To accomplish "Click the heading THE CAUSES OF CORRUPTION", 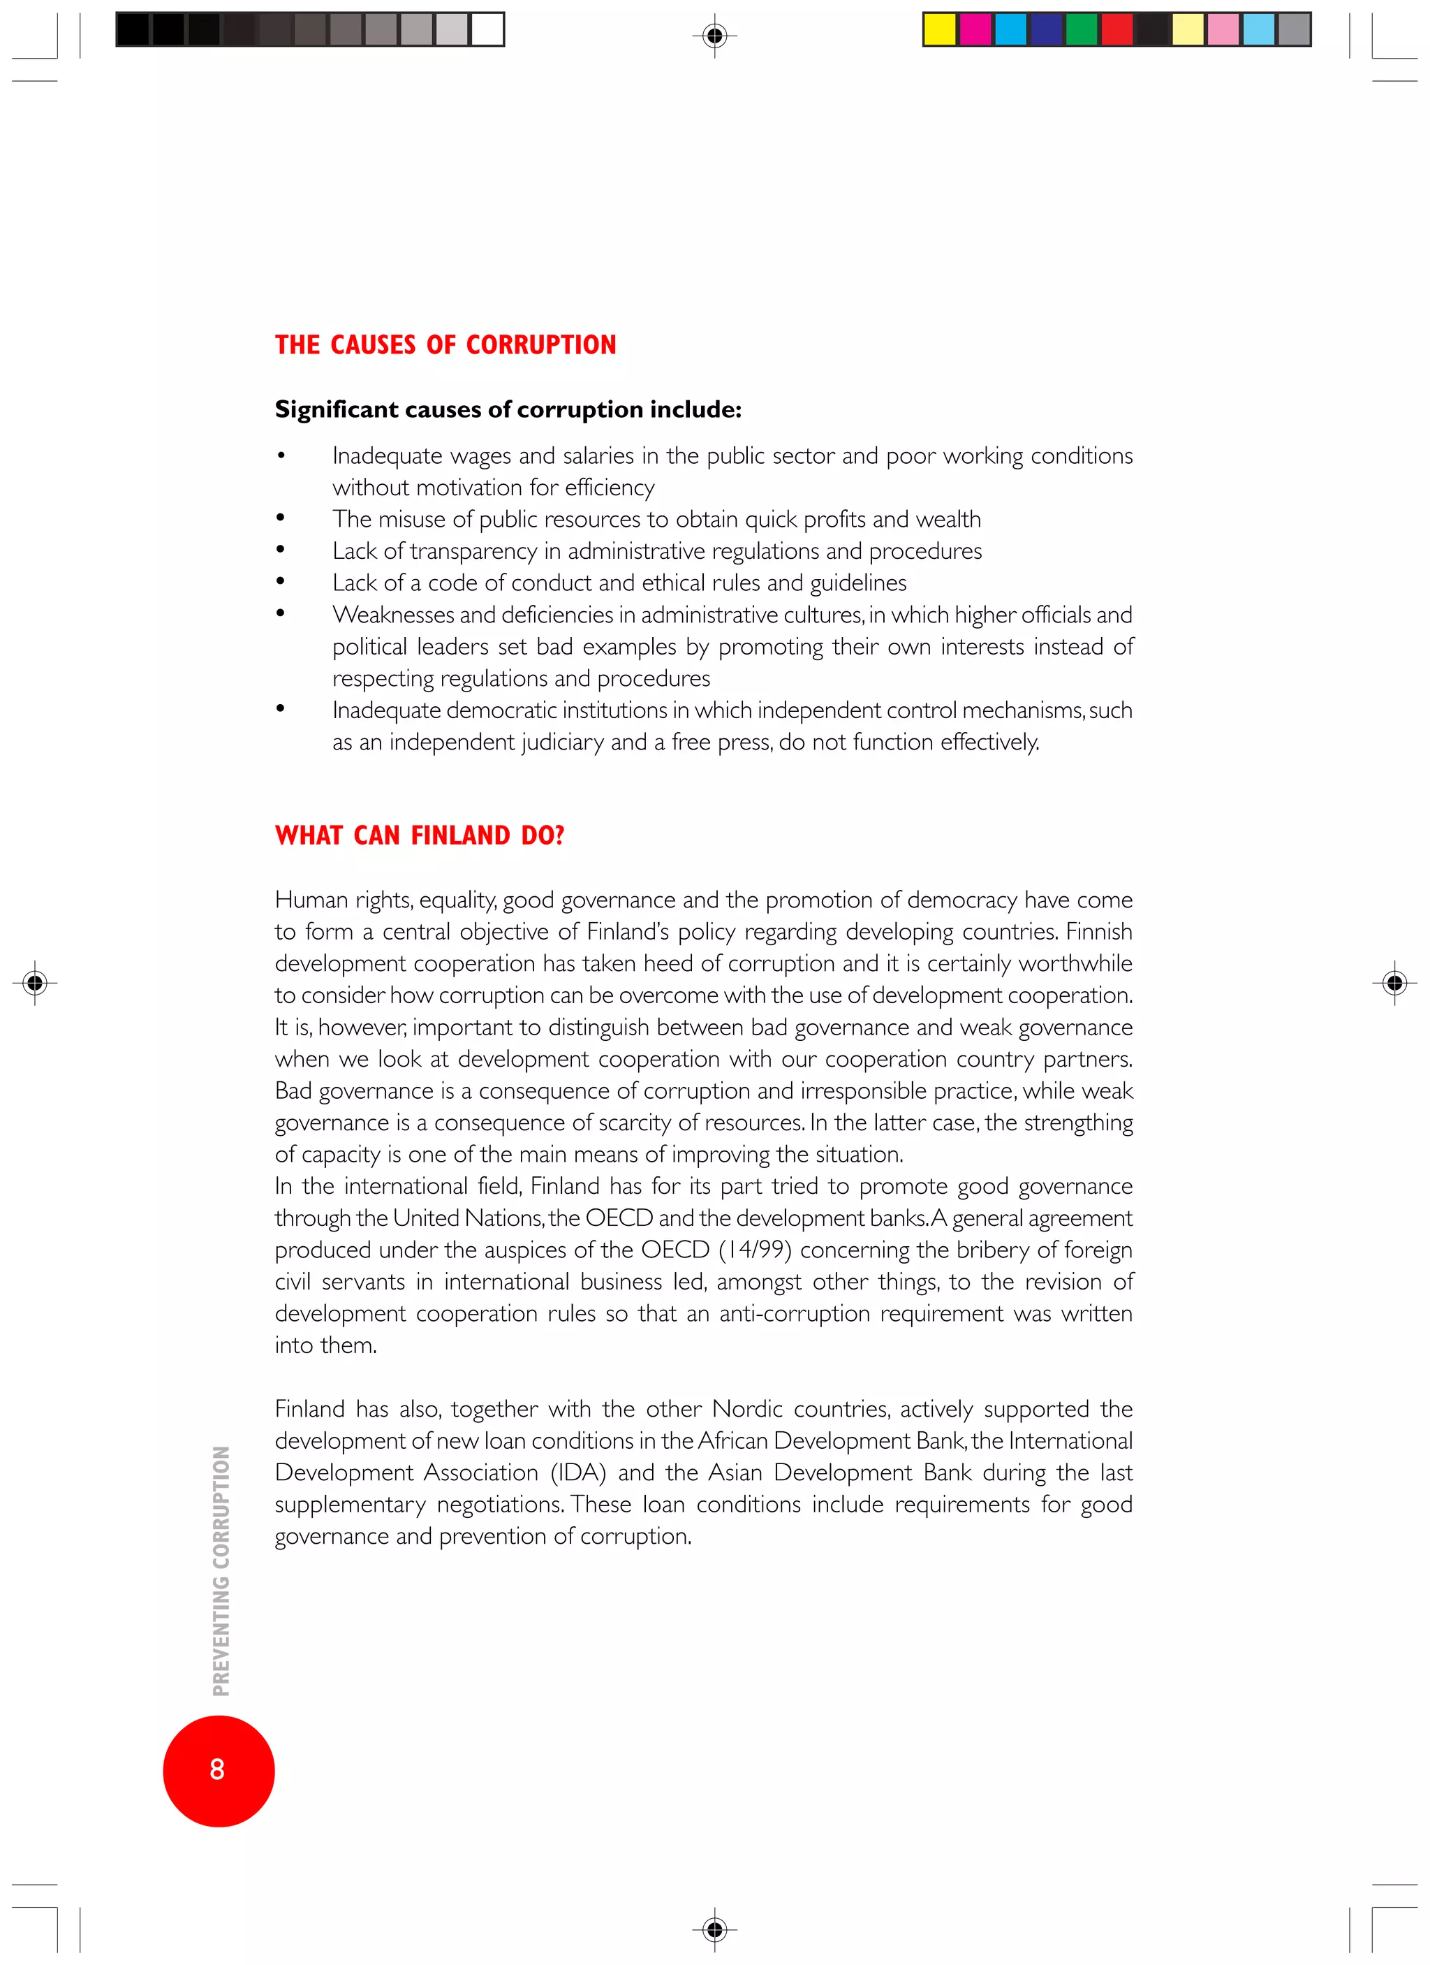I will [x=445, y=345].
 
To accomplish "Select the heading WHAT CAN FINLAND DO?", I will [x=419, y=835].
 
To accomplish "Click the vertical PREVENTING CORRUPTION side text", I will [x=222, y=1570].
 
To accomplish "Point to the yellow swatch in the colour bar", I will [x=940, y=29].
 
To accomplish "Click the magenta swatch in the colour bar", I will [x=975, y=29].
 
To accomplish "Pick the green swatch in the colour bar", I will [x=1081, y=29].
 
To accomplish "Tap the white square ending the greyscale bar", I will [x=487, y=29].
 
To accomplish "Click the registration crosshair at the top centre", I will [x=714, y=36].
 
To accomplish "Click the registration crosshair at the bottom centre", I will [x=714, y=1929].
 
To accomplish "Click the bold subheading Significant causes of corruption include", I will [x=508, y=409].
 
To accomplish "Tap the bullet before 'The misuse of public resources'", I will [x=281, y=518].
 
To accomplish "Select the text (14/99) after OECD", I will [x=754, y=1250].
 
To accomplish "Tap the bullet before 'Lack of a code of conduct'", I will [x=281, y=582].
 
